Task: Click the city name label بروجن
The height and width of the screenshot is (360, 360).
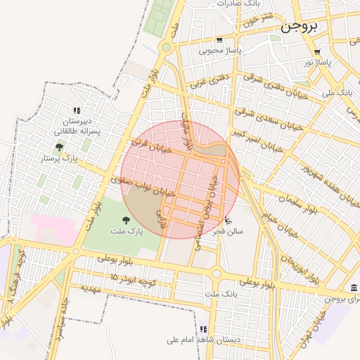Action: [x=299, y=28]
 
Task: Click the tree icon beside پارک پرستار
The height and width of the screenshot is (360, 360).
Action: [x=59, y=148]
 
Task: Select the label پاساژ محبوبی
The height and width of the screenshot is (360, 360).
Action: [x=219, y=51]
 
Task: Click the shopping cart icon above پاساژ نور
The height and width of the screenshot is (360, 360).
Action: [x=318, y=51]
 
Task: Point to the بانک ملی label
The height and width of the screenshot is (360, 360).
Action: [x=336, y=92]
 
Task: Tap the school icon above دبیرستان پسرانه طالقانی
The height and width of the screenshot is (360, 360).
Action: [x=77, y=110]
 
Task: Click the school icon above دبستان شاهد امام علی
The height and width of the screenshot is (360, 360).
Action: [x=203, y=329]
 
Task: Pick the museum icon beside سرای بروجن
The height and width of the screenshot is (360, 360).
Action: [x=353, y=288]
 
